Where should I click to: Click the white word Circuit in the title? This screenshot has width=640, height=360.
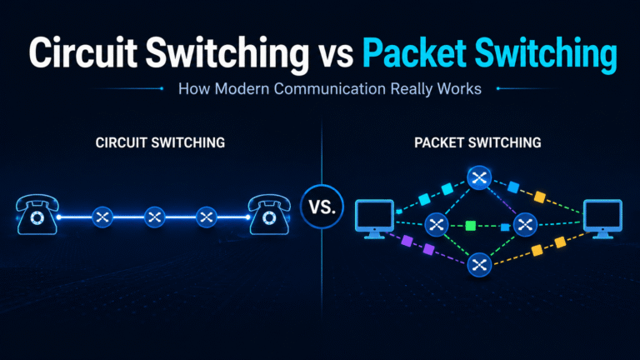pos(82,52)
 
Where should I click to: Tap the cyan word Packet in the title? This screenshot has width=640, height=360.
pos(414,52)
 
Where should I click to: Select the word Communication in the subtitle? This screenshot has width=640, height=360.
pos(329,88)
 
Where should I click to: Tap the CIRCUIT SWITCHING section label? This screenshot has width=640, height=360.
pos(160,142)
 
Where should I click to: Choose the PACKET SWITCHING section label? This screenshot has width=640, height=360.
pos(477,142)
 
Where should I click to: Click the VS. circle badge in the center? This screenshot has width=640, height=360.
pos(322,207)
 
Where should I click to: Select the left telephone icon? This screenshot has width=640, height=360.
pos(37,214)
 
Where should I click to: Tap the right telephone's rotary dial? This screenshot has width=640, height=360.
pos(269,218)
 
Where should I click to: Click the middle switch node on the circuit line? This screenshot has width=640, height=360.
pos(155,217)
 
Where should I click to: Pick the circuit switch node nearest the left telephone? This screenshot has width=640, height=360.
pos(102,217)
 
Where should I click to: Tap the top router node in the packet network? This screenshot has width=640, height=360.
pos(479,177)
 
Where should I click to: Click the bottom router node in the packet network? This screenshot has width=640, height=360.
pos(479,265)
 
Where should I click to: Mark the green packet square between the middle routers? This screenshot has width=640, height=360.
pos(471,225)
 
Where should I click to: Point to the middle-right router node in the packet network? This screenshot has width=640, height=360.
pos(525,224)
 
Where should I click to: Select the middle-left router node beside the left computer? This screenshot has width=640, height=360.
pos(437,224)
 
